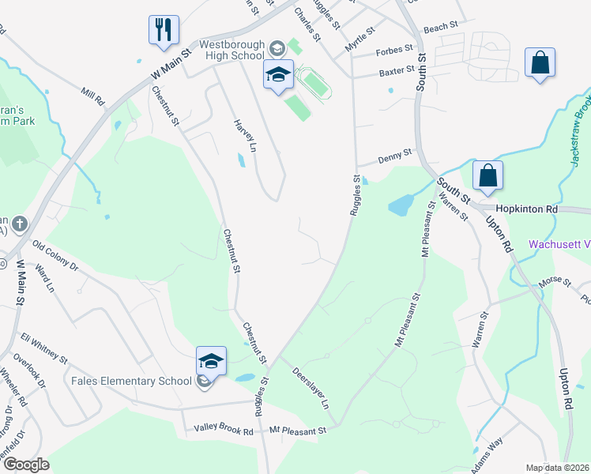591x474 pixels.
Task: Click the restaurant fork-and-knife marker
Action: tap(164, 30)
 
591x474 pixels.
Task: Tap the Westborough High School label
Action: tap(232, 50)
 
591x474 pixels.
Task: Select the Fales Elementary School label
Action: tap(131, 381)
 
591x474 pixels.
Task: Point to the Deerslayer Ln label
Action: tap(311, 388)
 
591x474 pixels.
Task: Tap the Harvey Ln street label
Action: tap(245, 136)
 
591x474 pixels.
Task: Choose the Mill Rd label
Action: tap(93, 97)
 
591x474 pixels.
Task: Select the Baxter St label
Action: tap(397, 71)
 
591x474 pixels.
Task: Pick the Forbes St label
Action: tap(395, 50)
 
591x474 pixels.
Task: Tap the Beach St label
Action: tap(441, 28)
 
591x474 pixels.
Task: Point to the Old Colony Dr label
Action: tap(55, 258)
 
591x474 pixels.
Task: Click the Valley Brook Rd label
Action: tap(224, 431)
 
